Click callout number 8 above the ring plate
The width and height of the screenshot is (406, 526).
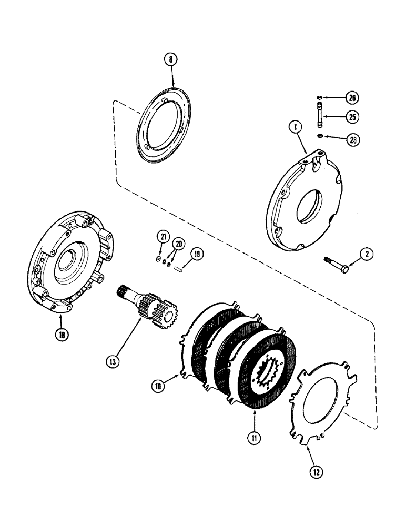point(170,60)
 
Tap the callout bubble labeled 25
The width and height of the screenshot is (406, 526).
point(351,117)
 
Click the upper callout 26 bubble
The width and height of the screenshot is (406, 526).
point(351,97)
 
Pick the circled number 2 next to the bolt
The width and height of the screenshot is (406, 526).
point(367,255)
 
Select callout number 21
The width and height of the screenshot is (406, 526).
point(164,238)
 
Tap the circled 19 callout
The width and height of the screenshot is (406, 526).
point(196,255)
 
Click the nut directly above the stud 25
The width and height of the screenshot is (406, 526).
point(319,98)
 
